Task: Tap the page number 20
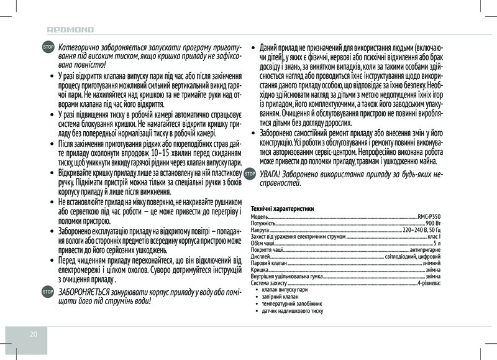pyautogui.click(x=34, y=334)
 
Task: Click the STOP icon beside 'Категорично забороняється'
pyautogui.click(x=47, y=48)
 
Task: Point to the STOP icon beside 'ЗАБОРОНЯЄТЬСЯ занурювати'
pyautogui.click(x=47, y=292)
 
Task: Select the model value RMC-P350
pyautogui.click(x=430, y=215)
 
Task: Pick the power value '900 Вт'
pyautogui.click(x=434, y=223)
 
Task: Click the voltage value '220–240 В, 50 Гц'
pyautogui.click(x=422, y=230)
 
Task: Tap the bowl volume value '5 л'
pyautogui.click(x=437, y=244)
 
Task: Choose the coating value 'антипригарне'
pyautogui.click(x=426, y=251)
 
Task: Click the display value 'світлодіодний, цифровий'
pyautogui.click(x=413, y=257)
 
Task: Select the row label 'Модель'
pyautogui.click(x=260, y=215)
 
